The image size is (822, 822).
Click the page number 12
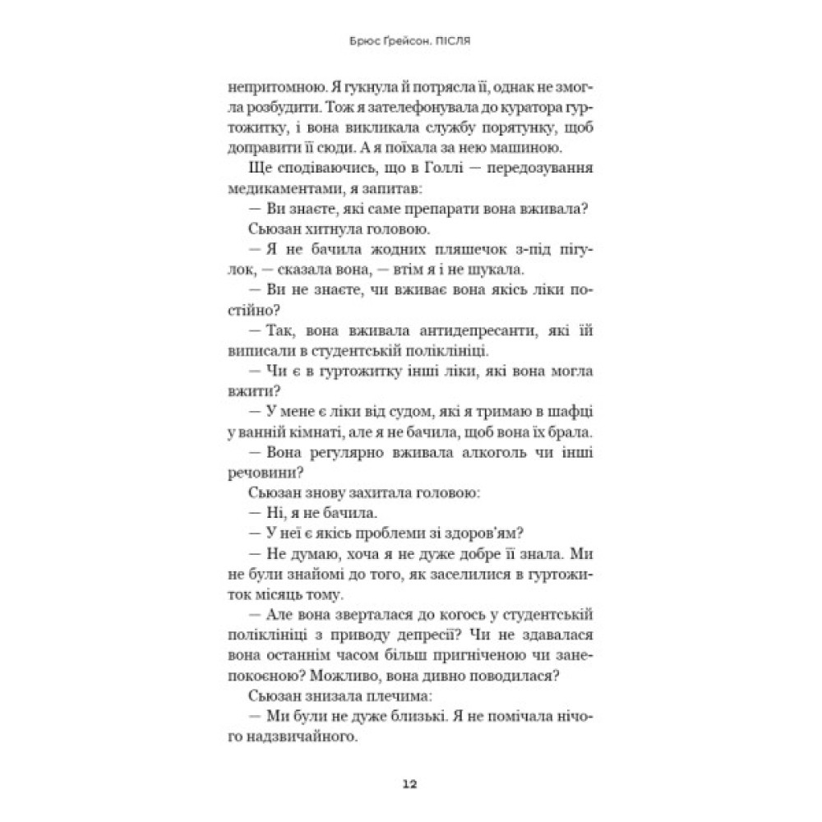[x=410, y=783]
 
